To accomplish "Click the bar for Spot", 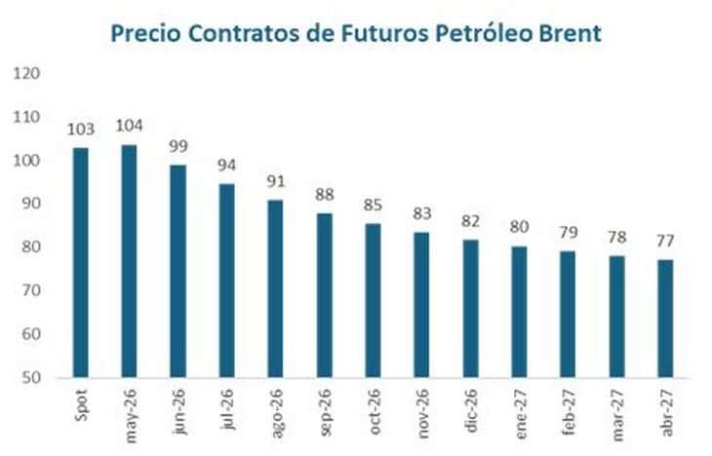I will (x=80, y=262).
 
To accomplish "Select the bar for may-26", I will (x=129, y=260).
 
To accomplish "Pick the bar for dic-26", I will (x=470, y=308).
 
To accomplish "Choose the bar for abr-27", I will (x=665, y=318).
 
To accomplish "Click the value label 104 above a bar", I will (x=129, y=126).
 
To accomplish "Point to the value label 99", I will (x=178, y=145).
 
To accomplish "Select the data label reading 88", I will (x=324, y=194).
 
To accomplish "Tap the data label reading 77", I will (x=665, y=240).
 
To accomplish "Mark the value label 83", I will (x=421, y=213).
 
